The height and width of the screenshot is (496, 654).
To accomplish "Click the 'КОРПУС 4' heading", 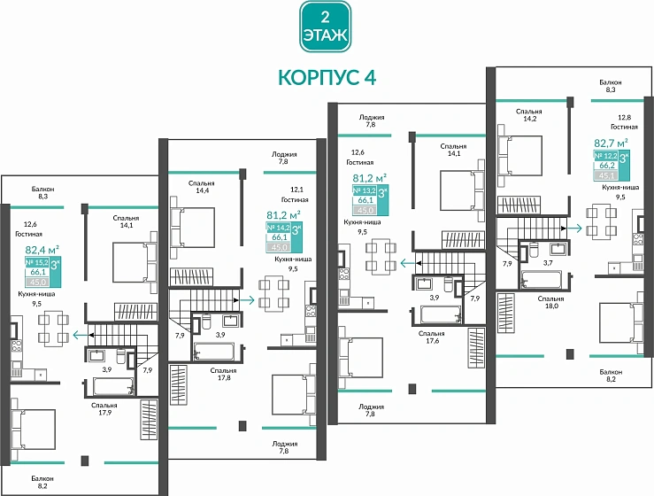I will [x=327, y=78].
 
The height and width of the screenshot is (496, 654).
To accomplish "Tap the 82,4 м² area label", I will [x=42, y=251].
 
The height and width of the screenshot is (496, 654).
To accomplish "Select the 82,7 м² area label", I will [x=611, y=142].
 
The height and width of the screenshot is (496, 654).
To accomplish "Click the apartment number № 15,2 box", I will [x=36, y=263].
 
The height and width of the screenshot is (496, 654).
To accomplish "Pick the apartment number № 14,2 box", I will [x=279, y=227].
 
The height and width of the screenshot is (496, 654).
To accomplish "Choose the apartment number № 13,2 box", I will [x=365, y=190].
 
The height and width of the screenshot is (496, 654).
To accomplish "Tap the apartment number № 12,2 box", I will [x=604, y=155].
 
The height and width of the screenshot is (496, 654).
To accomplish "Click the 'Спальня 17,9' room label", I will [x=104, y=409].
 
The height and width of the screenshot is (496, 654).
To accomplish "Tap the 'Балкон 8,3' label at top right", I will [x=611, y=86].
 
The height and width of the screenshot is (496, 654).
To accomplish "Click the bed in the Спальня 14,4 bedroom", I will [x=195, y=224].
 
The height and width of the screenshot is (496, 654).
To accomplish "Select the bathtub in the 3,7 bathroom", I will [x=546, y=281].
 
